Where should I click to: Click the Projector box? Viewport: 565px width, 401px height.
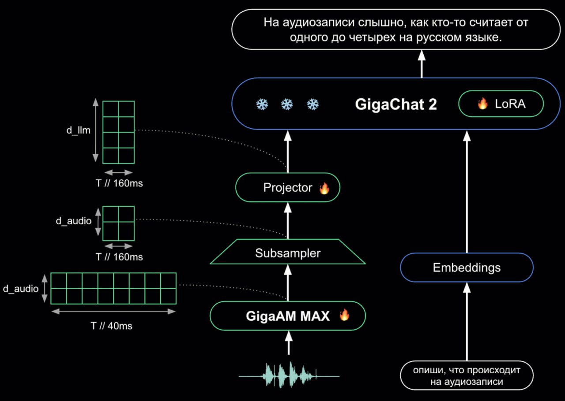click(287, 187)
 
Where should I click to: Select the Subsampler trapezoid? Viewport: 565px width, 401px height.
click(287, 252)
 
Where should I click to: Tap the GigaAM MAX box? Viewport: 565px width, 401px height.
click(287, 316)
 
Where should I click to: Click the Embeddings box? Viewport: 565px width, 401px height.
click(467, 267)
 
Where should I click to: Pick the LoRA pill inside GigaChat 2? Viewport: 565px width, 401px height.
click(501, 104)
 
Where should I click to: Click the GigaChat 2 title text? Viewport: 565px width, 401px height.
click(396, 104)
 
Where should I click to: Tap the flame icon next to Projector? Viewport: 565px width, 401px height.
click(324, 188)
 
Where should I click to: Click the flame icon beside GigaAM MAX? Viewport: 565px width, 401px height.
click(344, 315)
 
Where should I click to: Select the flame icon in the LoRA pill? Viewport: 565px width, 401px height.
click(482, 103)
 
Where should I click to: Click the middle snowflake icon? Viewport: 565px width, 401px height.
click(287, 104)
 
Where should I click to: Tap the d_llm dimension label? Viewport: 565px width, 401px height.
click(78, 130)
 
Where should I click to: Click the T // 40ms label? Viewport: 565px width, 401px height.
click(111, 326)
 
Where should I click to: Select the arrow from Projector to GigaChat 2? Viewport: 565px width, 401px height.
click(288, 152)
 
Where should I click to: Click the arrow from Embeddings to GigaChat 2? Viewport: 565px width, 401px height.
click(467, 192)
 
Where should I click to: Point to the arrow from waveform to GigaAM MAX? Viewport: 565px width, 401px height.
click(289, 342)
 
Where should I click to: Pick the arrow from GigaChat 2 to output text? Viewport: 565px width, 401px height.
click(422, 64)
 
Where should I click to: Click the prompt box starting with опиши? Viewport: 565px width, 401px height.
click(467, 375)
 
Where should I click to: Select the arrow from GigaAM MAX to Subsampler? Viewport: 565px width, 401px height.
click(288, 282)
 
